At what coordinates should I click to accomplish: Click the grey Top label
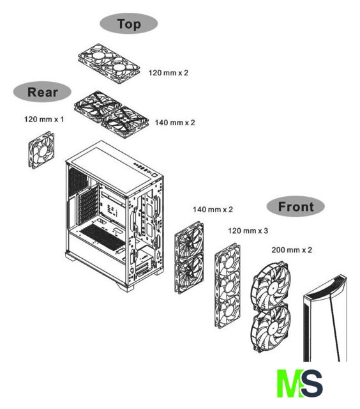(129, 24)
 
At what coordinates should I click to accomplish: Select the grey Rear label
(42, 92)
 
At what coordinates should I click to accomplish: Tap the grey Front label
(296, 206)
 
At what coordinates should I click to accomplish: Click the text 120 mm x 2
(169, 73)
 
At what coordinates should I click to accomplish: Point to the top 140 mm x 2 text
(175, 123)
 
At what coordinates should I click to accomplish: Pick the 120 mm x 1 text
(44, 120)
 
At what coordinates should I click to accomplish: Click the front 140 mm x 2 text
(213, 210)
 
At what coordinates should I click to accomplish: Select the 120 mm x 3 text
(248, 231)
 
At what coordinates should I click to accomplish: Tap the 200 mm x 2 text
(292, 250)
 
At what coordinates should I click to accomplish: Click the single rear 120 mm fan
(41, 150)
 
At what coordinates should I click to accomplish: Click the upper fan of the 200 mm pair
(271, 285)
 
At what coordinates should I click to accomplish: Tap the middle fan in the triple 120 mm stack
(228, 286)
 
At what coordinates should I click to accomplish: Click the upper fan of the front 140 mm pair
(189, 242)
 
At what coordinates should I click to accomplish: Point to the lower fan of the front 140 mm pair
(189, 274)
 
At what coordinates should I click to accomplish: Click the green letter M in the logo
(289, 383)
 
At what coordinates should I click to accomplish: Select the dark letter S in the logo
(312, 383)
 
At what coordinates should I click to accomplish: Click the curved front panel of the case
(325, 318)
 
